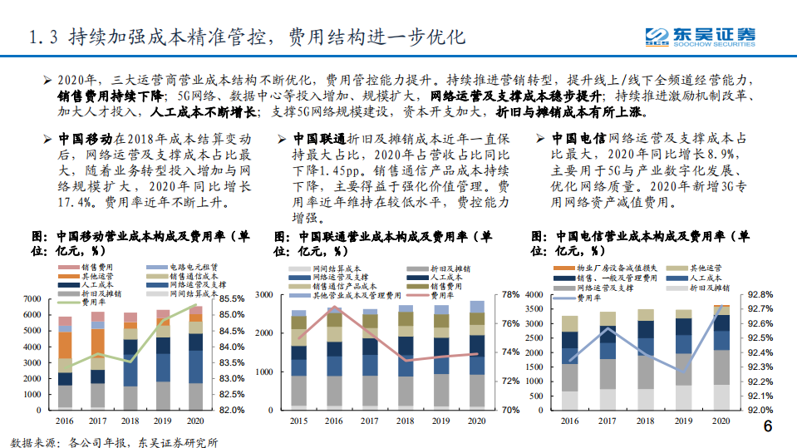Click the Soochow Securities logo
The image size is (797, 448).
pyautogui.click(x=701, y=36)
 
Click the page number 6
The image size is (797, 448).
pyautogui.click(x=767, y=427)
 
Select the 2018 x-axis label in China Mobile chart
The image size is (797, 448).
pyautogui.click(x=131, y=421)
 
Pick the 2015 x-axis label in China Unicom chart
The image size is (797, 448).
pyautogui.click(x=298, y=421)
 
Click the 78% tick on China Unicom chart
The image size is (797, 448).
pyautogui.click(x=511, y=294)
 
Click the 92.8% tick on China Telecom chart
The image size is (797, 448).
pyautogui.click(x=760, y=294)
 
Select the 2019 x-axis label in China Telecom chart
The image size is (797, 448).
pyautogui.click(x=683, y=421)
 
